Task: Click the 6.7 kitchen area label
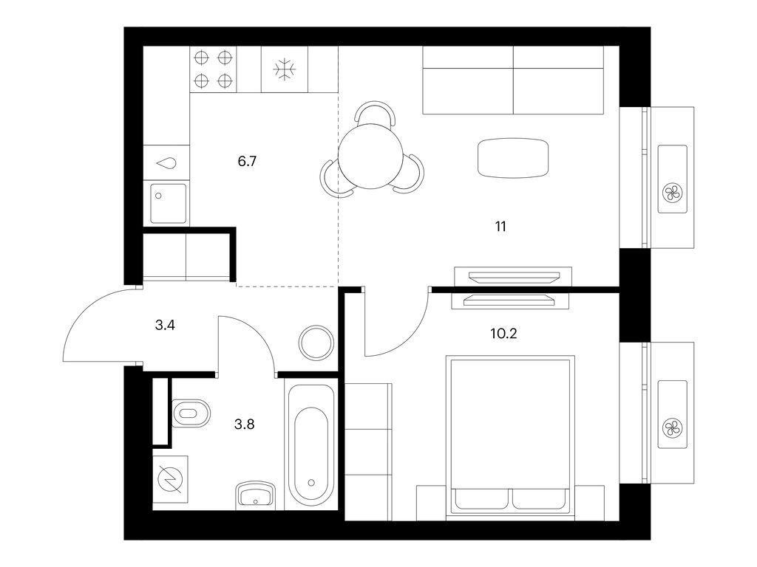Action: click(247, 161)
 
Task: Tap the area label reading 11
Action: click(500, 226)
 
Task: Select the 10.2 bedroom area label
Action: click(503, 333)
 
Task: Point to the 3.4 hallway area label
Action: click(165, 326)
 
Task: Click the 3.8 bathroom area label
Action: click(244, 425)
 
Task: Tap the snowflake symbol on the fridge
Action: click(285, 69)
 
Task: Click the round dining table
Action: click(370, 157)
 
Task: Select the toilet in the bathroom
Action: click(191, 413)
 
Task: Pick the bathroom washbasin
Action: click(255, 494)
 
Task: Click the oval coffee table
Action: click(513, 158)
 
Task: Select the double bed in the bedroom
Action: click(510, 439)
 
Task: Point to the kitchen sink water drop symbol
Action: click(166, 163)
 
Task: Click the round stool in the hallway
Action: click(316, 342)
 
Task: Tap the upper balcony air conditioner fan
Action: click(673, 193)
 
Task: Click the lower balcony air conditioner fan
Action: click(673, 428)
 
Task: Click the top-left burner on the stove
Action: click(201, 58)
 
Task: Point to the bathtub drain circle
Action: click(311, 483)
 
